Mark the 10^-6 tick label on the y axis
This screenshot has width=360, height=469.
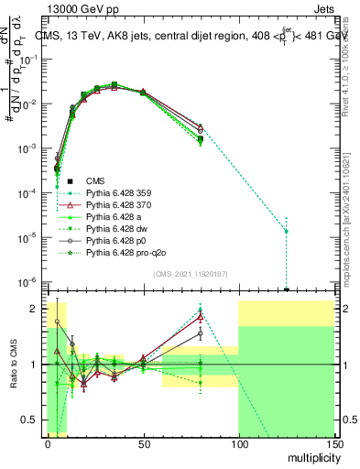pyautogui.click(x=27, y=281)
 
